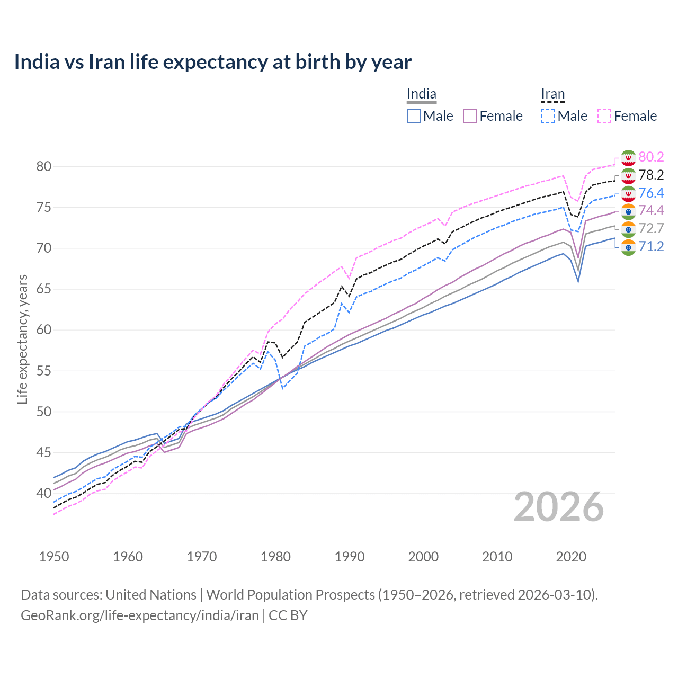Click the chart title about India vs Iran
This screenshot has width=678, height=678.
(x=212, y=62)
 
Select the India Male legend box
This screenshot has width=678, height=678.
(x=414, y=116)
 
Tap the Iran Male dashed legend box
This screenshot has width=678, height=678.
(x=548, y=116)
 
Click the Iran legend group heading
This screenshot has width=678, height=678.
(x=553, y=94)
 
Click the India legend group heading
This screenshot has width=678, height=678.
(x=422, y=94)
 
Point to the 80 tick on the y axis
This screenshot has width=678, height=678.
(x=44, y=166)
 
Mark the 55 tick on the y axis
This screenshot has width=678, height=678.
(x=44, y=371)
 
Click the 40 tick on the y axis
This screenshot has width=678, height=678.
(x=44, y=493)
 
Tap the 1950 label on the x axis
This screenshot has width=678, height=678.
(x=54, y=557)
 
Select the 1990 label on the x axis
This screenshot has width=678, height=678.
(x=350, y=557)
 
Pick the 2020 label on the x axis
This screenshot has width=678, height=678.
(x=571, y=557)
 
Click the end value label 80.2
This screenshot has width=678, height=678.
(x=651, y=157)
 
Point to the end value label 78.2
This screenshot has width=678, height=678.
(x=651, y=175)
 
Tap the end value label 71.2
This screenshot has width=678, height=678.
(x=651, y=246)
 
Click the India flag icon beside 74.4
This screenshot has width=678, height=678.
(x=628, y=211)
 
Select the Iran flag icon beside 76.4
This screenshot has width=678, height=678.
(x=628, y=193)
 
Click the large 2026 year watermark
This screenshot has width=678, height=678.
(x=559, y=507)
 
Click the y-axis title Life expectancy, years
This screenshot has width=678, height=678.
(x=22, y=339)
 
